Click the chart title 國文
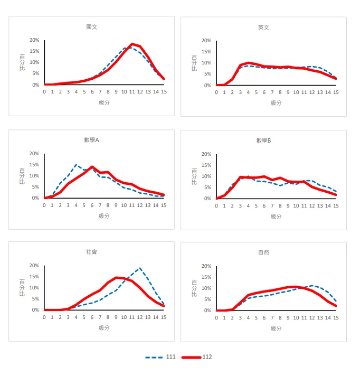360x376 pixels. (x=91, y=27)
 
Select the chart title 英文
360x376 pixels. (x=263, y=27)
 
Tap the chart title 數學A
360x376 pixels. (x=91, y=140)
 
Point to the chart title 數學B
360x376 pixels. (x=263, y=140)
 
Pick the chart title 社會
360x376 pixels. (x=91, y=252)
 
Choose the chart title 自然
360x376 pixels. (x=263, y=252)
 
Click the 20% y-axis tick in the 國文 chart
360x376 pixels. (x=34, y=40)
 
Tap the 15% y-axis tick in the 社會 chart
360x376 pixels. (x=34, y=277)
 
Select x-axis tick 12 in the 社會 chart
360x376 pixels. (x=140, y=317)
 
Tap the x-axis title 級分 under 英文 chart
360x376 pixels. (x=276, y=102)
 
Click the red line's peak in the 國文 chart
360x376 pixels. (x=132, y=44)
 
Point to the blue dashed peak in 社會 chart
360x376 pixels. (x=140, y=268)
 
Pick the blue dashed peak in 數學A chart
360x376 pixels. (x=76, y=165)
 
